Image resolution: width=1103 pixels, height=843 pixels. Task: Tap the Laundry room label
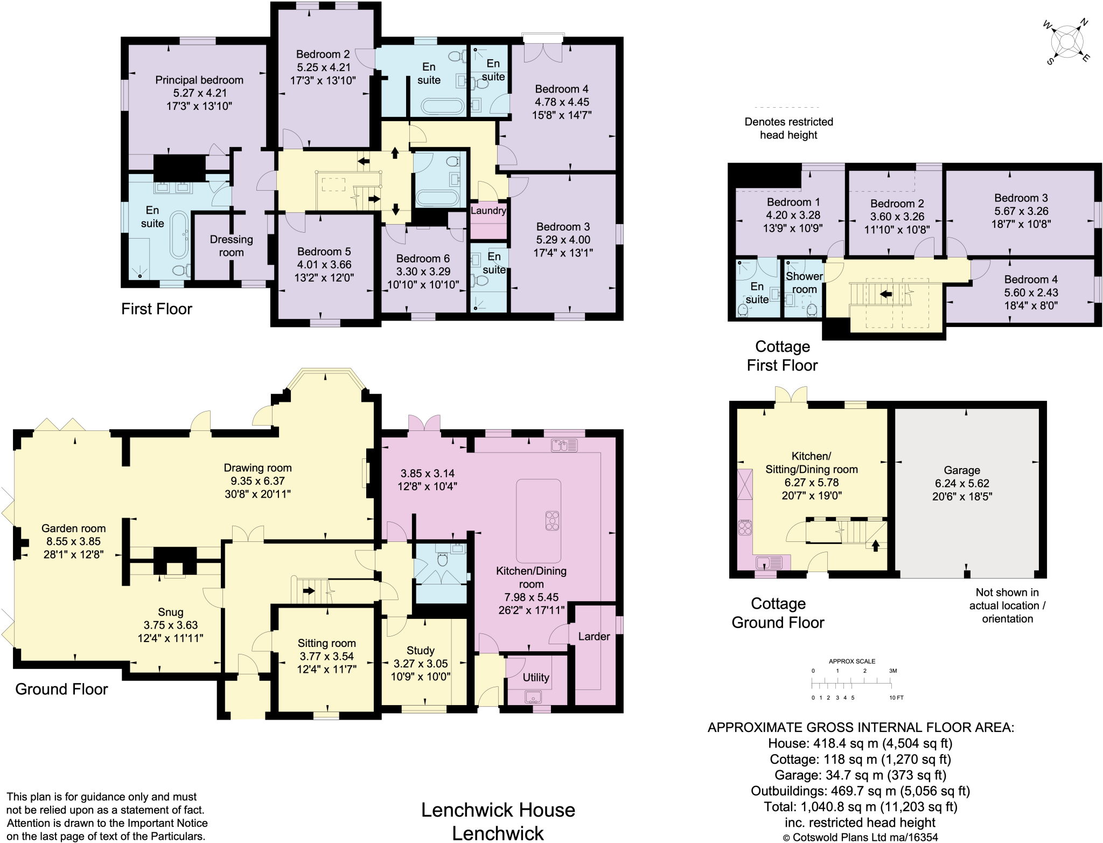(x=488, y=211)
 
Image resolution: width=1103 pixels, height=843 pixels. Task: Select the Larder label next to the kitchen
(x=594, y=636)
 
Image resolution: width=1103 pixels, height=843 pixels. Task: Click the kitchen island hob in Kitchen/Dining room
(x=552, y=521)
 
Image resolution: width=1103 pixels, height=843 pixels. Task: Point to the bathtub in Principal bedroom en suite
(x=179, y=235)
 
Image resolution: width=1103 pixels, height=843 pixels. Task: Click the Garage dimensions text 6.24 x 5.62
(x=962, y=483)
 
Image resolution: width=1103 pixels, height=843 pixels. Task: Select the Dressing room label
(x=231, y=246)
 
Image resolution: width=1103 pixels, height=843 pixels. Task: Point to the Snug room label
(x=170, y=612)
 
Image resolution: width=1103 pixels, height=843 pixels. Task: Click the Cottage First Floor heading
(x=782, y=356)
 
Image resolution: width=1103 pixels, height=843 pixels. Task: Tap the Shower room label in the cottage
(x=804, y=283)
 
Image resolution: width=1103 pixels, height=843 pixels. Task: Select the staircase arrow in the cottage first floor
(x=885, y=294)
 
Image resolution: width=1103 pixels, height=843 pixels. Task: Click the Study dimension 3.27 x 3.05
(x=420, y=664)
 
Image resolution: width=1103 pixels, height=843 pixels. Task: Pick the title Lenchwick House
(x=498, y=810)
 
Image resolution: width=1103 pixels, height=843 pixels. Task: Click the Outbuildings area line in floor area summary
(x=860, y=791)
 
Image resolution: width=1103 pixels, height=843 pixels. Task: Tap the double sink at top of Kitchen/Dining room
(x=564, y=445)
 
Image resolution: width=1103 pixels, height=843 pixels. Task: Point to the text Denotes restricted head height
(x=788, y=128)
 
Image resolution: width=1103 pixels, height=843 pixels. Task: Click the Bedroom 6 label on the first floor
(x=423, y=259)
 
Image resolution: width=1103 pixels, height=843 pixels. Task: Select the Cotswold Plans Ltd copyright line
(x=860, y=837)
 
